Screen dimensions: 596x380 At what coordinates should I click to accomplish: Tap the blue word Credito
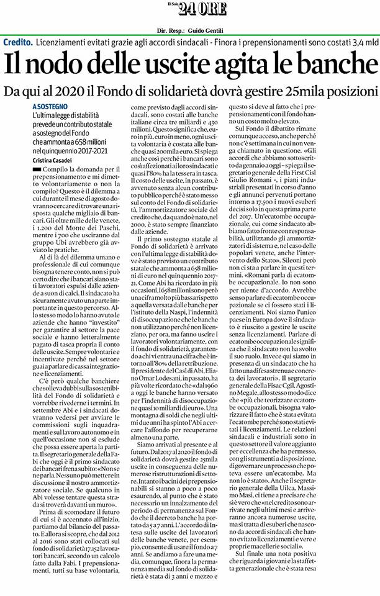tap(17, 43)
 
